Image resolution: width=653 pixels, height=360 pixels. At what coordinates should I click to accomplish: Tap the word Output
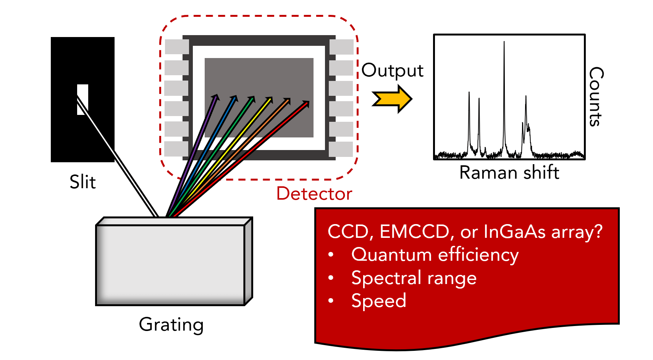pos(392,71)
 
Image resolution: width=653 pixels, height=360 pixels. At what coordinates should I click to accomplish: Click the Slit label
pos(82,182)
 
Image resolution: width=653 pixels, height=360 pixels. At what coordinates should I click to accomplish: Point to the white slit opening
pos(82,99)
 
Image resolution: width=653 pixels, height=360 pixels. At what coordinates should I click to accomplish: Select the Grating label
pos(171,325)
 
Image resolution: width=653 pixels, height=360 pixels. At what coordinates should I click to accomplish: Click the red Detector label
pos(314,194)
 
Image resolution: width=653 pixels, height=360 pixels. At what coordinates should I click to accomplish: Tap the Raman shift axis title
pos(509,173)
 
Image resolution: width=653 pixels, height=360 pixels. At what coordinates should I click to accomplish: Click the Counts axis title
pos(596,97)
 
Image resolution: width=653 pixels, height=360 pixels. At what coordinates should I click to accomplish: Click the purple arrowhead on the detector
pos(216,97)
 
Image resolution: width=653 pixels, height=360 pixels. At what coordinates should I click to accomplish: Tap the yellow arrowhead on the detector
pos(270,100)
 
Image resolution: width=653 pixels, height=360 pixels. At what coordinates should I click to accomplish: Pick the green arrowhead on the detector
pos(252,99)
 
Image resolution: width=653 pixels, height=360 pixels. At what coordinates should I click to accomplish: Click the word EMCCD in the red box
pos(415,232)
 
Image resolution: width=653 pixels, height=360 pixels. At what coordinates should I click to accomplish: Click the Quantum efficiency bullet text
pos(435,255)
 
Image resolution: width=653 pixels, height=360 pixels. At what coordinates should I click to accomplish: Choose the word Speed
pos(378,301)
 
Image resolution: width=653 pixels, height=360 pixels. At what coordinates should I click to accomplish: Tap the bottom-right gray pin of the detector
pos(341,149)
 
